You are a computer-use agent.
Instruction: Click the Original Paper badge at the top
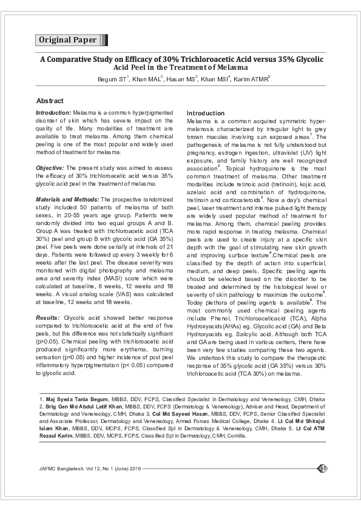(68, 40)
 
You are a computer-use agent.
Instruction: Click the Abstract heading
(50, 100)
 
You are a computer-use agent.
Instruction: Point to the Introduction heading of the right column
(205, 113)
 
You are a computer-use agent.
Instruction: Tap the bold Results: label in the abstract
(47, 317)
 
